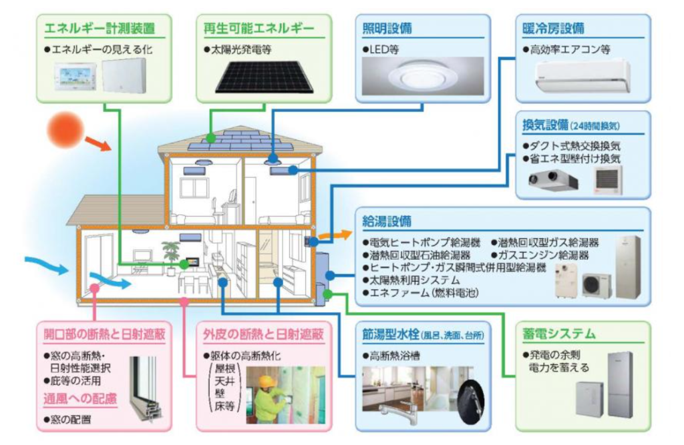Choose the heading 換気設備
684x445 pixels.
tap(545, 125)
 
